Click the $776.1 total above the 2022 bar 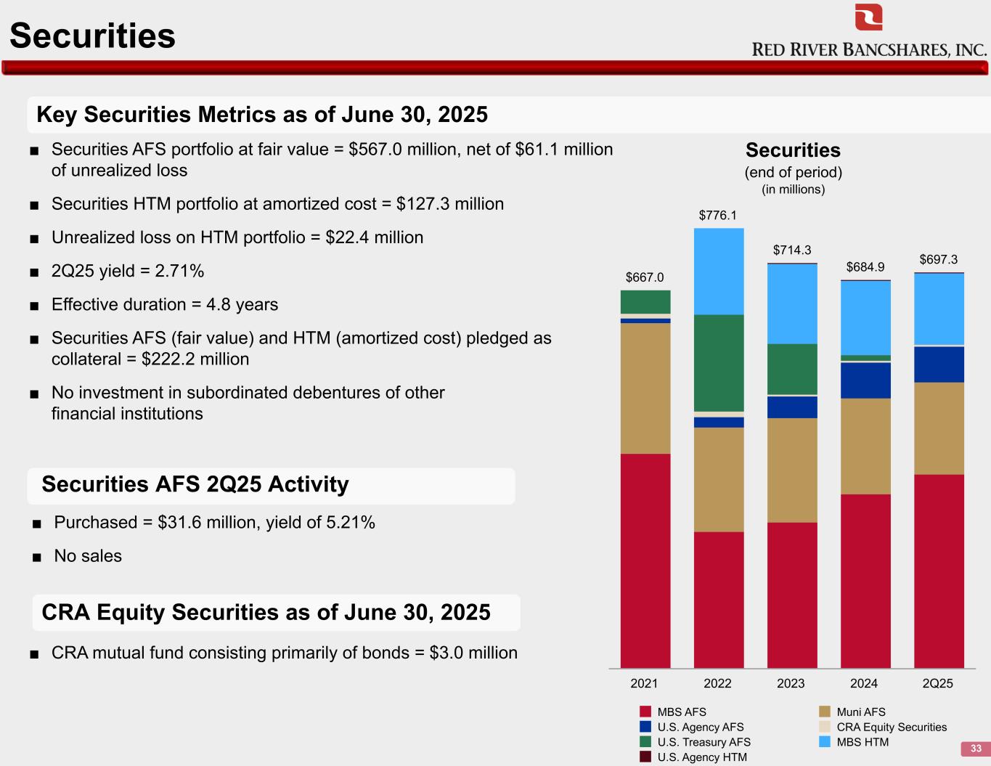717,215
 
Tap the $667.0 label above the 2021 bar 645,277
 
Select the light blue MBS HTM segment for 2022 719,271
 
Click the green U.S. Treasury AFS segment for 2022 719,362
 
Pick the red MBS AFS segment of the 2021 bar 645,561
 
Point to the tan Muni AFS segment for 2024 865,446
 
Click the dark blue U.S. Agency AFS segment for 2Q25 939,364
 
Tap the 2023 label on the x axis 791,683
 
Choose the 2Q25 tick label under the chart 937,683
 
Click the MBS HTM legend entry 862,742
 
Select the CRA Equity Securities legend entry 891,727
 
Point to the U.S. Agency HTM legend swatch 645,757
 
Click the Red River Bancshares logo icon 868,17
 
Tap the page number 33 976,749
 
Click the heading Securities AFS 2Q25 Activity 195,484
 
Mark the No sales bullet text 88,556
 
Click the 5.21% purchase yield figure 349,523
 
